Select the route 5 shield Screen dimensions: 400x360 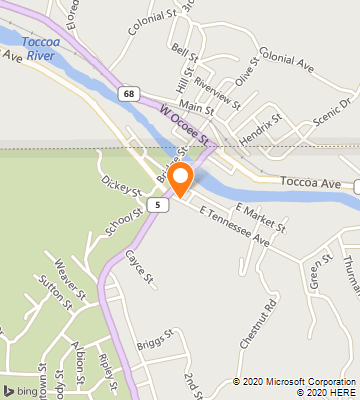click(155, 204)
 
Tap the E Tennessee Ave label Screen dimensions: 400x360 click(235, 226)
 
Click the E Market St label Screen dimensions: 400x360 click(255, 217)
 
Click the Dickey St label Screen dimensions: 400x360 click(119, 189)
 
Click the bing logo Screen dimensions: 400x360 click(21, 388)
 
